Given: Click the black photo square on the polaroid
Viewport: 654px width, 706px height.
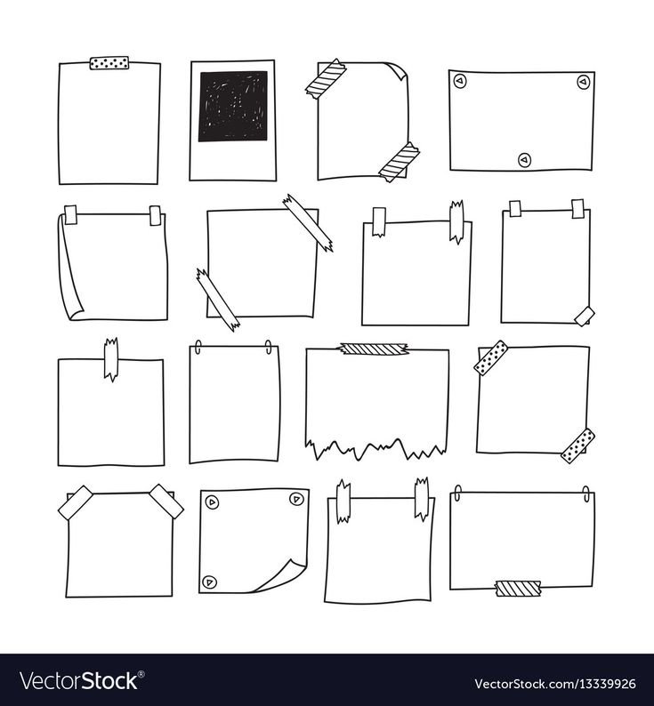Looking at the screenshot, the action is click(x=233, y=107).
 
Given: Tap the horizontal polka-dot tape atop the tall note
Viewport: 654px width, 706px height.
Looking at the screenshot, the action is click(x=109, y=63).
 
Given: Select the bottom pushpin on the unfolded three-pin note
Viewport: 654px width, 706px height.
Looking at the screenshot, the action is click(x=524, y=160).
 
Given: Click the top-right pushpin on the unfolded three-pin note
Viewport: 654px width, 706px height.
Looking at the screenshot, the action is click(x=583, y=82).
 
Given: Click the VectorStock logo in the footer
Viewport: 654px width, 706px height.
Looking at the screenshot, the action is click(x=79, y=681).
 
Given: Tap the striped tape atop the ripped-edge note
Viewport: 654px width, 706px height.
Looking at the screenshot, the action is click(x=374, y=349).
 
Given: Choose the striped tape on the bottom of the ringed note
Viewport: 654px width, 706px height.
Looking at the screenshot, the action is click(x=518, y=589).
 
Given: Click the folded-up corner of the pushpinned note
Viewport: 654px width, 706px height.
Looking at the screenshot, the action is click(x=280, y=575).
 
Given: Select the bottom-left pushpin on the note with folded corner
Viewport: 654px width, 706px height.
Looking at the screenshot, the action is click(x=209, y=582).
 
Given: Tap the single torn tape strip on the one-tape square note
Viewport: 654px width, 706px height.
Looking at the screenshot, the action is click(x=111, y=359).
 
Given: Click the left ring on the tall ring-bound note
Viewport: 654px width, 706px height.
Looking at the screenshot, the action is click(x=198, y=347).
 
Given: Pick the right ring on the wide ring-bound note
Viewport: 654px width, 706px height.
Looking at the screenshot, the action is click(x=586, y=493).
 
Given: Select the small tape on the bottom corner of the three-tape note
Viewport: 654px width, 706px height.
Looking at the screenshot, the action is click(x=584, y=316).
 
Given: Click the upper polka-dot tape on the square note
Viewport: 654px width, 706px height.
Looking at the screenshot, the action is click(x=491, y=358).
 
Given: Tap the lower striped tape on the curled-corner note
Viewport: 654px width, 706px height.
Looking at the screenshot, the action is click(x=400, y=162).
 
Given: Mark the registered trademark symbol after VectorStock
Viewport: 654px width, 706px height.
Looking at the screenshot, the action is click(x=141, y=674).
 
